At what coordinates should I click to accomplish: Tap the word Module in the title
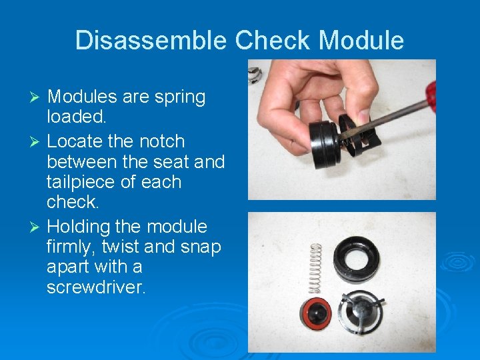(361, 41)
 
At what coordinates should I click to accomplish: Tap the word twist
(120, 247)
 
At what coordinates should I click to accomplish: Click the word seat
(179, 162)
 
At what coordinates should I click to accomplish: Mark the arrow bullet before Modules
(37, 98)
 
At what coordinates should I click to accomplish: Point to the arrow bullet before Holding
(37, 227)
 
